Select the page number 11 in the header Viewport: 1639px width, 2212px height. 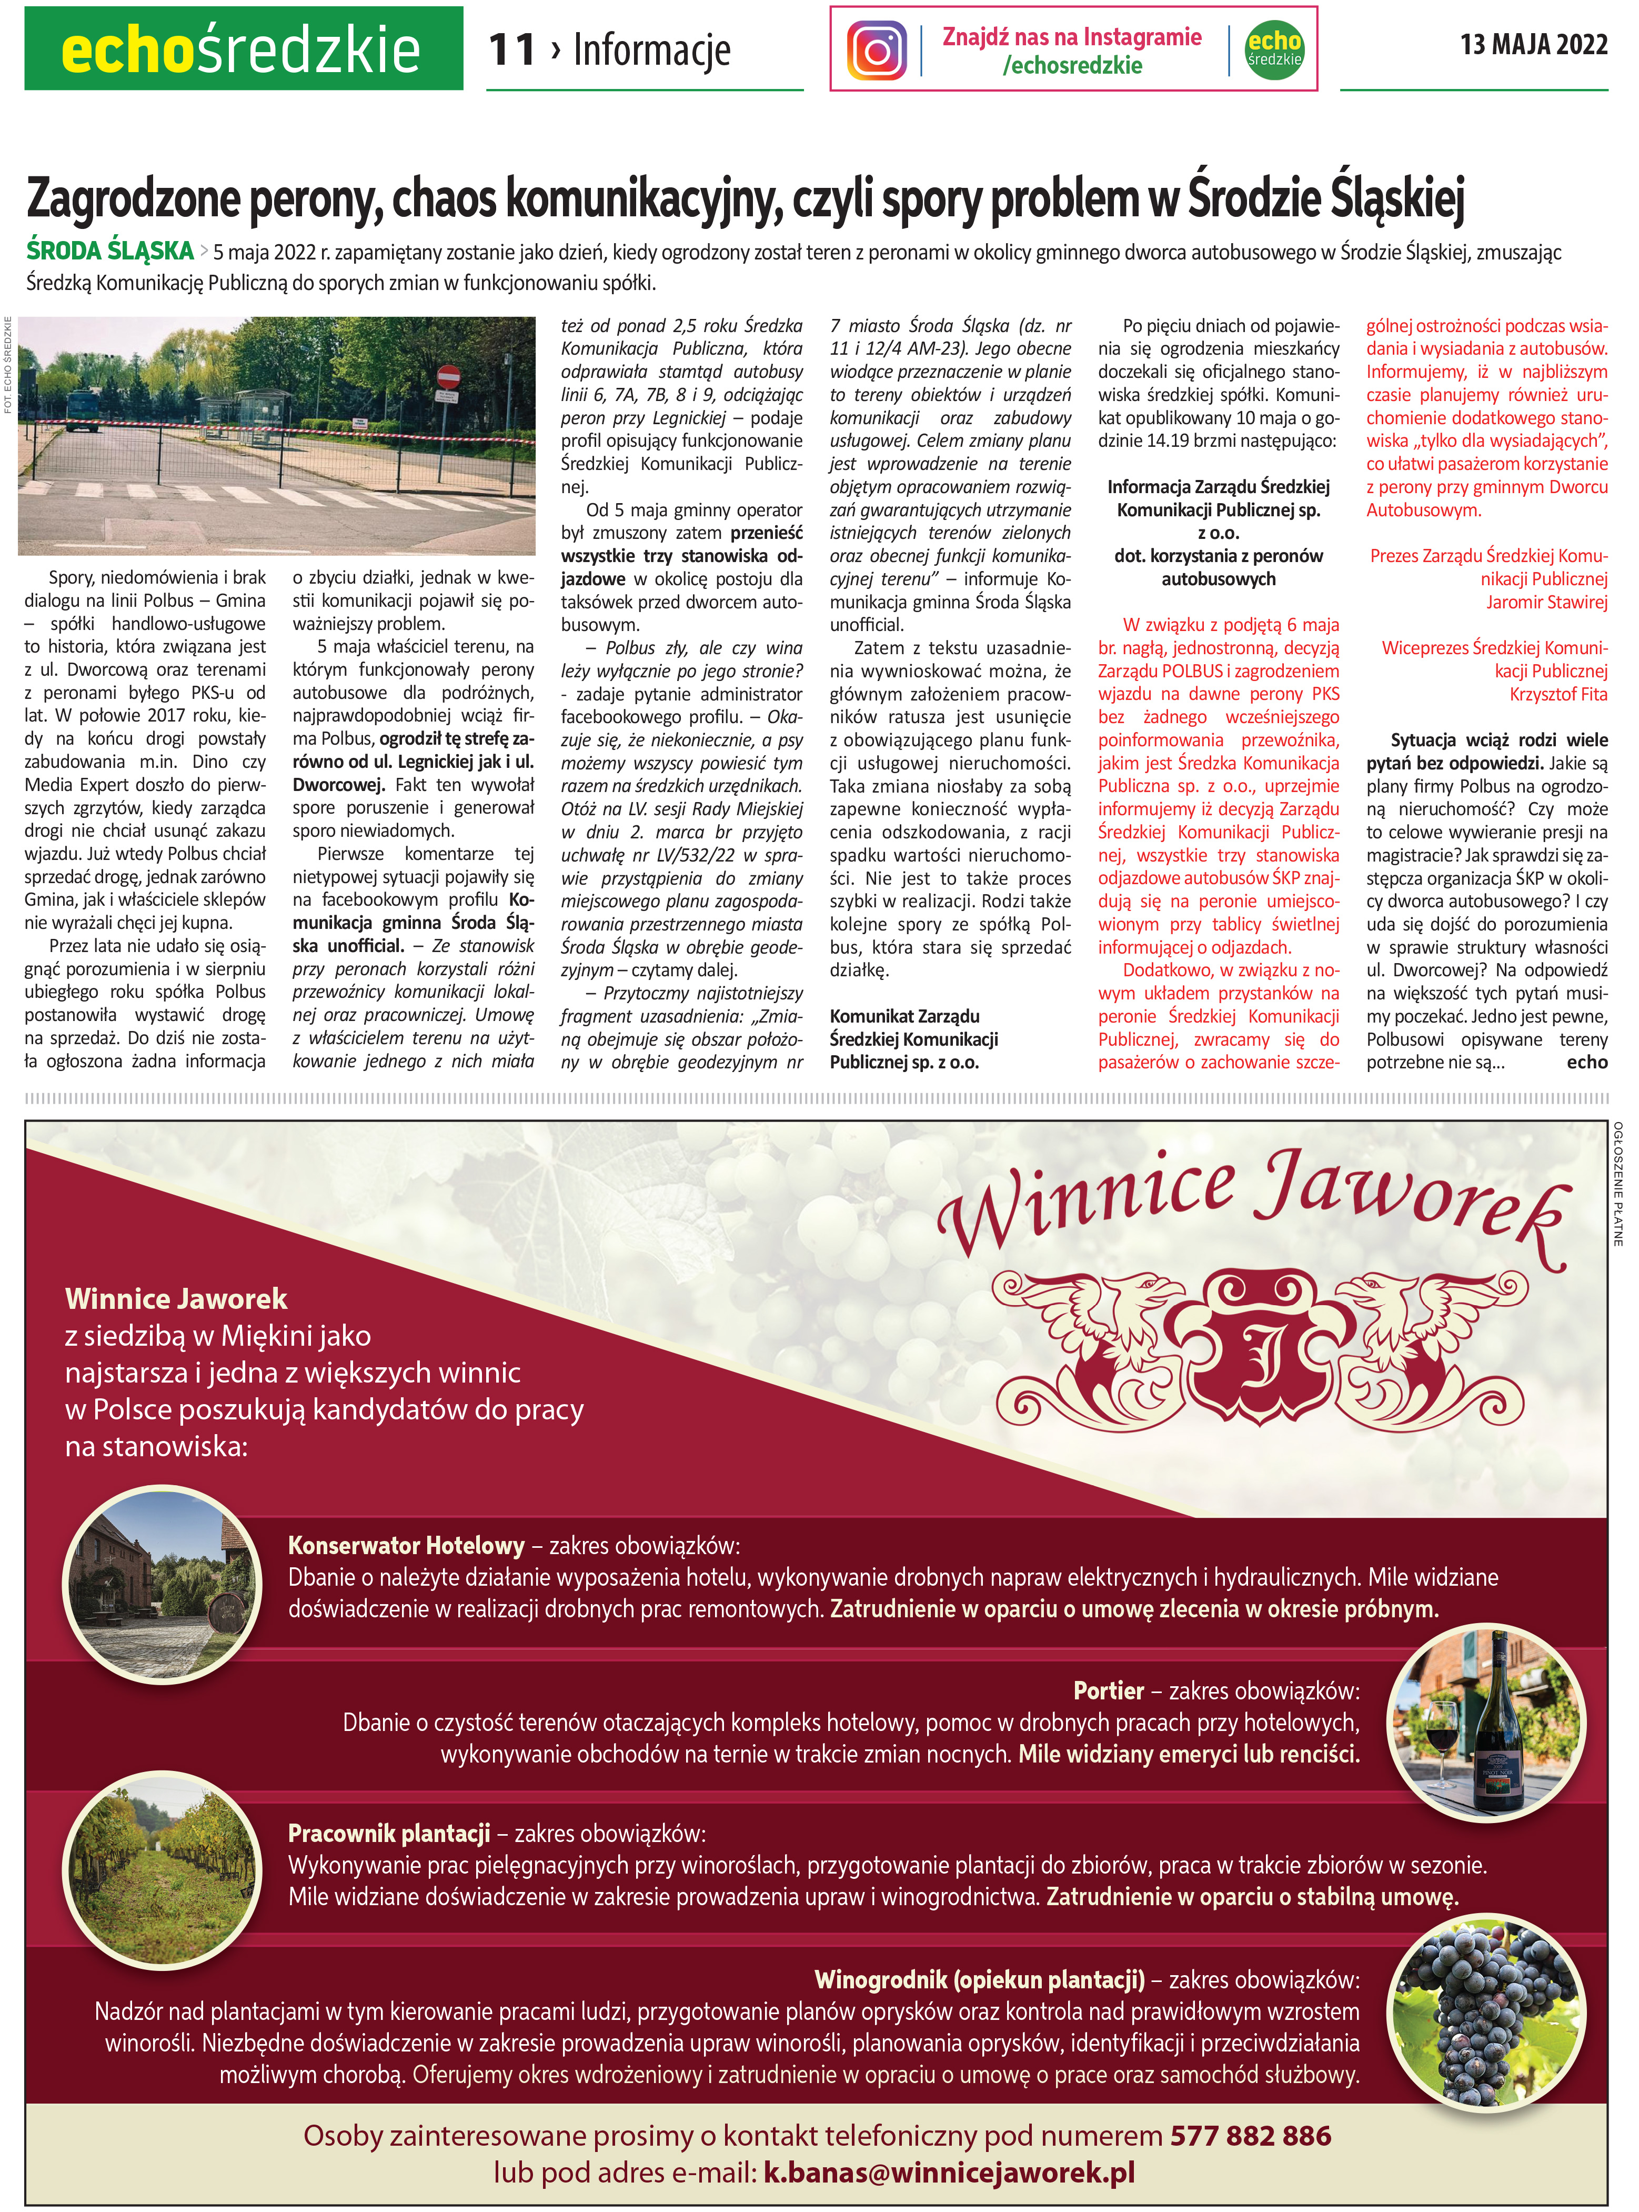(x=512, y=49)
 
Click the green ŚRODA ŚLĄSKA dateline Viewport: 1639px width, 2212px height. (x=109, y=251)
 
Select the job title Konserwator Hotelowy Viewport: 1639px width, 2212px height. (x=406, y=1545)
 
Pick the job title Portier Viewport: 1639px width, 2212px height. (x=1108, y=1690)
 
